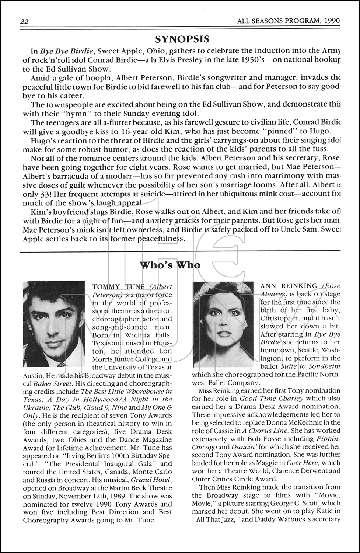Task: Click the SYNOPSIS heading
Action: click(182, 39)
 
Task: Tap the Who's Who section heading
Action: click(170, 265)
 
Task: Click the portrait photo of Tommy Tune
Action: click(54, 324)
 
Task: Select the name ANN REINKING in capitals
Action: click(289, 286)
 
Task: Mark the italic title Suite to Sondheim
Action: click(310, 366)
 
